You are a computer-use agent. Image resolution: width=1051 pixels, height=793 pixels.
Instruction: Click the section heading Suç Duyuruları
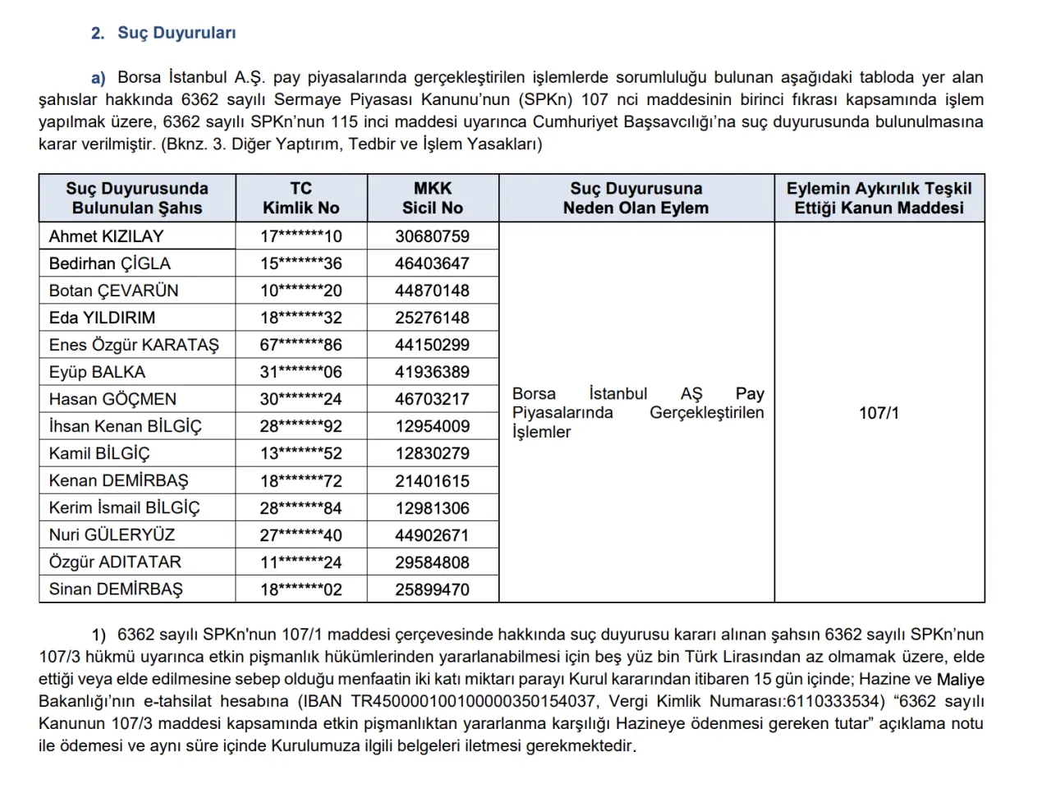[x=177, y=33]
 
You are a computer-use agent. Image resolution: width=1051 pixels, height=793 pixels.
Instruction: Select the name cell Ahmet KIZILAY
[x=106, y=236]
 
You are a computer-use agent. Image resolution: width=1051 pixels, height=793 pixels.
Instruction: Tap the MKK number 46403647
[x=432, y=264]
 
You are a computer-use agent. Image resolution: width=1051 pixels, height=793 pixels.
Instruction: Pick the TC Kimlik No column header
[x=301, y=198]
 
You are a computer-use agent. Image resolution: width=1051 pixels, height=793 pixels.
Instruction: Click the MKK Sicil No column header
[x=432, y=198]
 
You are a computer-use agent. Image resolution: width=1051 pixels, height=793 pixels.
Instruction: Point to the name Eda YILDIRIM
[x=102, y=318]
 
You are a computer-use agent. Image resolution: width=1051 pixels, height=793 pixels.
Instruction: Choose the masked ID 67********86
[x=301, y=345]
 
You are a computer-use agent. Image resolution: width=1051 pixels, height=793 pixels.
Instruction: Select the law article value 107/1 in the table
[x=879, y=413]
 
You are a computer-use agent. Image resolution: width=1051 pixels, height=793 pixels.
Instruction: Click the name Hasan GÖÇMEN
[x=112, y=399]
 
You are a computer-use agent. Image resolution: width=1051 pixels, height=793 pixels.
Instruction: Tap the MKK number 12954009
[x=432, y=426]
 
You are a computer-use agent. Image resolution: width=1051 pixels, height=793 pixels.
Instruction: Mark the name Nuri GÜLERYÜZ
[x=112, y=535]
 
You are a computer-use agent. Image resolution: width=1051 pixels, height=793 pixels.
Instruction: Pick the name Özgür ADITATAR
[x=115, y=562]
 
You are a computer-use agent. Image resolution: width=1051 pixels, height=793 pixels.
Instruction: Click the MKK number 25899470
[x=432, y=589]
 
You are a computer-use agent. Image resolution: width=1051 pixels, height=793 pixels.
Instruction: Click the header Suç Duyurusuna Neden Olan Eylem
[x=636, y=198]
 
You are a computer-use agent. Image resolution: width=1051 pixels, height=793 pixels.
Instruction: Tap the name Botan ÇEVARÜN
[x=113, y=291]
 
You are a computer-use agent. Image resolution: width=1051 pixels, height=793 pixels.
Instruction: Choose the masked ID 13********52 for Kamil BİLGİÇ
[x=301, y=453]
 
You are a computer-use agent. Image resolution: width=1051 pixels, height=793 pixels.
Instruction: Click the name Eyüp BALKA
[x=97, y=372]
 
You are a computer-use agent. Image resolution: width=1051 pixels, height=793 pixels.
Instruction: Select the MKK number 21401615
[x=432, y=481]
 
